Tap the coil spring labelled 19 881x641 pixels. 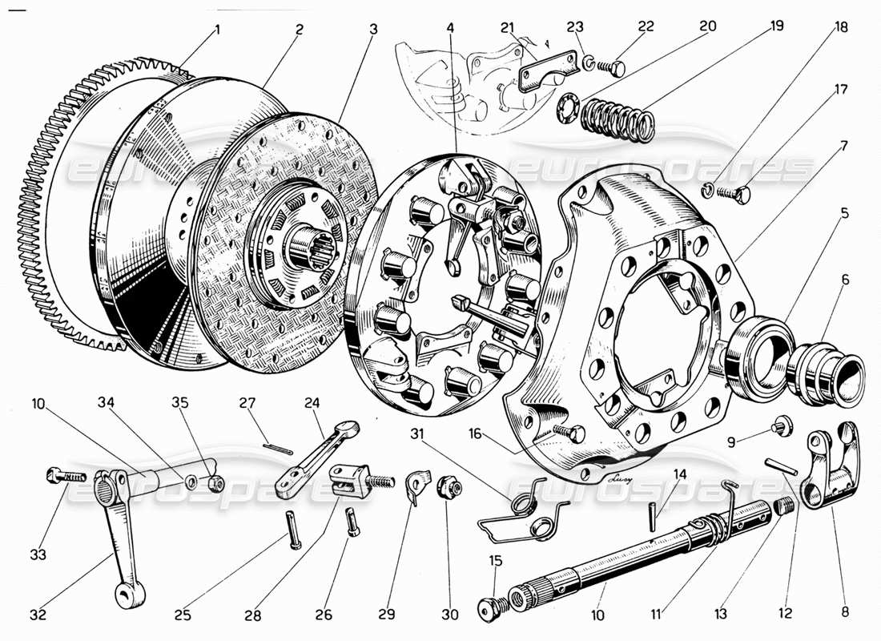tap(616, 117)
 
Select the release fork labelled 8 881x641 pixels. tap(833, 469)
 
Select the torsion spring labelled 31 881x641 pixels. tap(525, 513)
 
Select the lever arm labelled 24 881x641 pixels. tap(309, 457)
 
